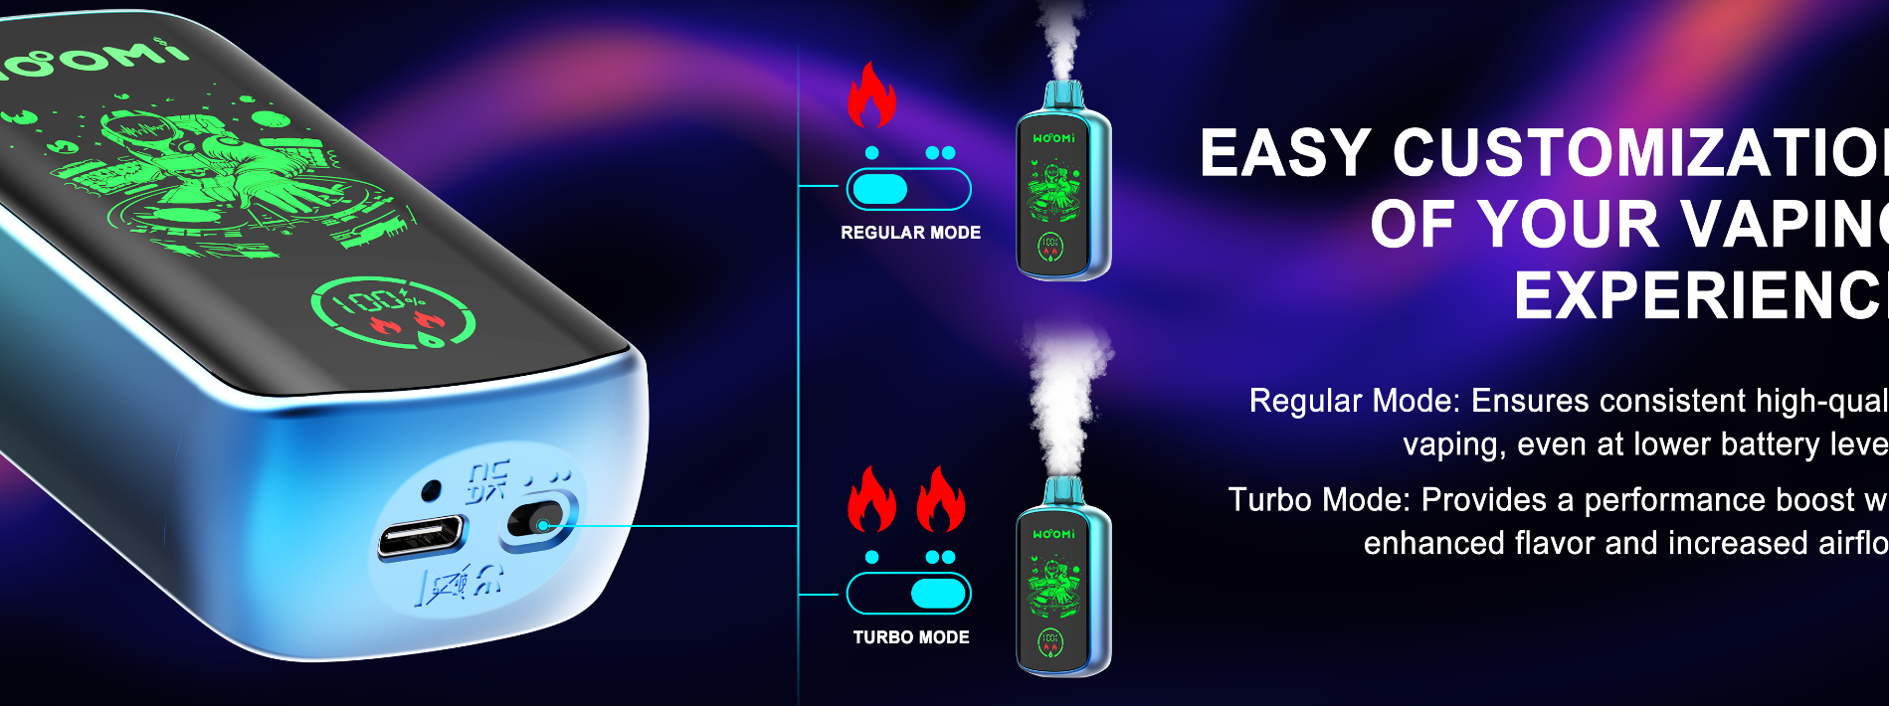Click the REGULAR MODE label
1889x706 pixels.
click(x=910, y=233)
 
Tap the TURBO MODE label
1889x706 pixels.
click(x=910, y=637)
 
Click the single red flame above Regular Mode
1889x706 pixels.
click(x=871, y=95)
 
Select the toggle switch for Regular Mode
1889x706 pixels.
click(x=908, y=189)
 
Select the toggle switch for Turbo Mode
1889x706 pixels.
click(x=908, y=594)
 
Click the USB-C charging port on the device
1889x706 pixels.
click(x=421, y=537)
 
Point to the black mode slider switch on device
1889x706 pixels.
click(x=537, y=521)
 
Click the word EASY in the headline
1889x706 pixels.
click(x=1286, y=154)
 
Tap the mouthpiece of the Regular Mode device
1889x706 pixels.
click(x=1062, y=95)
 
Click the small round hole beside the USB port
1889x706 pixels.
click(x=431, y=490)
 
